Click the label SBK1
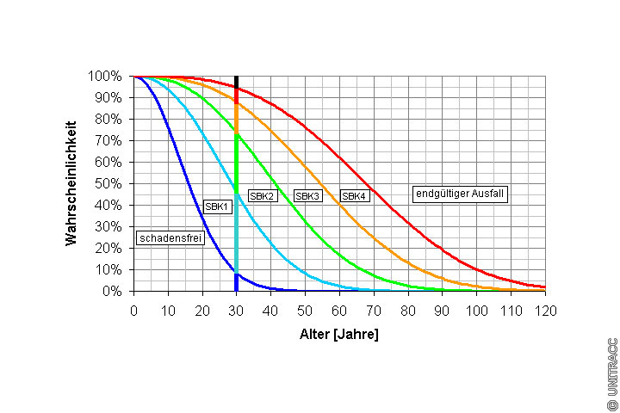tap(216, 206)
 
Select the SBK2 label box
tap(262, 196)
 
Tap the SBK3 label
tap(307, 196)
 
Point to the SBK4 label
tap(354, 196)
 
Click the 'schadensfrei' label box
tap(170, 238)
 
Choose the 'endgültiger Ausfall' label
tap(459, 194)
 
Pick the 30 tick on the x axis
tap(236, 309)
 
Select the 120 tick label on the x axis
tap(543, 309)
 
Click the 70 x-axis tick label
tap(373, 309)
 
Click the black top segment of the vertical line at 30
tap(236, 81)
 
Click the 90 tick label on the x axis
tap(442, 309)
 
